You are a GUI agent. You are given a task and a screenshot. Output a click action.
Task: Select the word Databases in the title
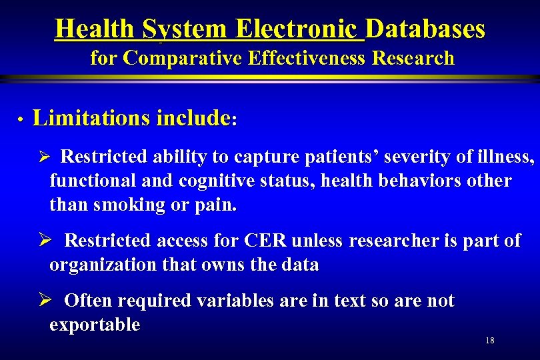(425, 29)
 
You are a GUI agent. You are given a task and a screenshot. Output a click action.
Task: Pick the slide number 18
(490, 341)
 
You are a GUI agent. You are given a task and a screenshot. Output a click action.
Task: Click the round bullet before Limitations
(21, 120)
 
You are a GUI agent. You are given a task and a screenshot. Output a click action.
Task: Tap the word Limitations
(91, 119)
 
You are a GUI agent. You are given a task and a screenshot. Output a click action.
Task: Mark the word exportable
(95, 326)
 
